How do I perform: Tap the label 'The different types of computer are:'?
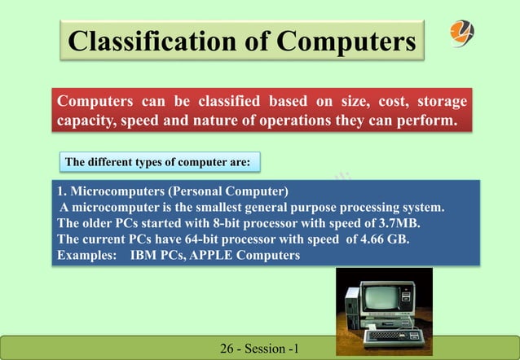(x=157, y=162)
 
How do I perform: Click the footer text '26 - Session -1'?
(x=260, y=350)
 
